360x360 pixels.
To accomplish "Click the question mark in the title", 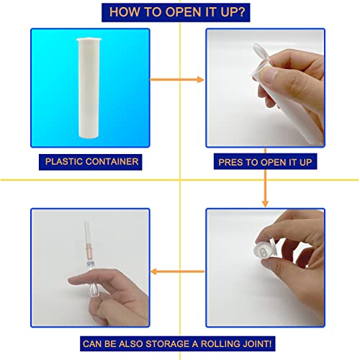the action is (x=241, y=12).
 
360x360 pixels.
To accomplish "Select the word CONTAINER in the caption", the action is (x=112, y=161).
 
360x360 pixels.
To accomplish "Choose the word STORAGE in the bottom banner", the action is (x=167, y=343).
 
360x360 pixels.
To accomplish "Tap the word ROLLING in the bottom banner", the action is (x=220, y=343).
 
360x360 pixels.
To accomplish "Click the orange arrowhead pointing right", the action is (x=200, y=79).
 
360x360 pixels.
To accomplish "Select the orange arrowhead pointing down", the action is (x=265, y=204).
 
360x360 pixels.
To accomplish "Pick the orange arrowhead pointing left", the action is (x=154, y=271).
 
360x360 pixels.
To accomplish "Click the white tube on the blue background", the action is (x=89, y=88).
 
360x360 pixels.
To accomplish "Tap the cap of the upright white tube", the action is (x=89, y=40).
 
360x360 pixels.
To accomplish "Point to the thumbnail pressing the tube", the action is (x=268, y=75).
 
